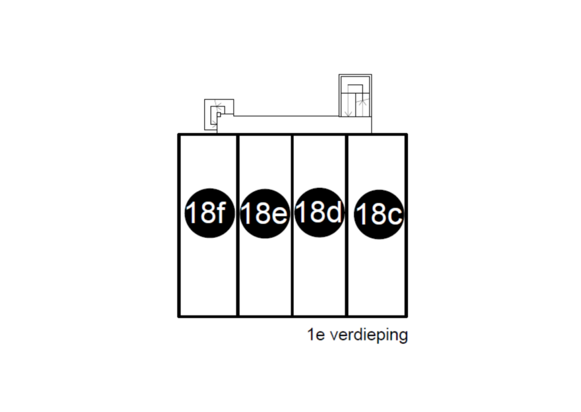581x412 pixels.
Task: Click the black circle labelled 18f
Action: (209, 213)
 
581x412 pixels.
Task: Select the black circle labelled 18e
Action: (264, 214)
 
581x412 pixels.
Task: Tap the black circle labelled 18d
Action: (319, 212)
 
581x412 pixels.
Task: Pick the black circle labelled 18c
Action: (378, 214)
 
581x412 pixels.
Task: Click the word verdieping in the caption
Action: (369, 335)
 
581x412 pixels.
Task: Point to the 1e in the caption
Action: (316, 335)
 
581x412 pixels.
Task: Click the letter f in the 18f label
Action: (221, 212)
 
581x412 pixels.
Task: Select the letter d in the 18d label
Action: (334, 212)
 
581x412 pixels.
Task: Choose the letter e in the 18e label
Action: (279, 215)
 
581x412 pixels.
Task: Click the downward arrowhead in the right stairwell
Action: (348, 113)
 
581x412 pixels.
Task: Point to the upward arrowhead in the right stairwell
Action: (363, 102)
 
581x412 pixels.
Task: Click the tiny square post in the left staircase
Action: (218, 115)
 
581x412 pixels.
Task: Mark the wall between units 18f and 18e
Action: (237, 225)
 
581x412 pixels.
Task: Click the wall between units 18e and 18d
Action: (292, 225)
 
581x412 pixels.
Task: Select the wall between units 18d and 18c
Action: (347, 225)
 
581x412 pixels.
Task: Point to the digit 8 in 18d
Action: (317, 212)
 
